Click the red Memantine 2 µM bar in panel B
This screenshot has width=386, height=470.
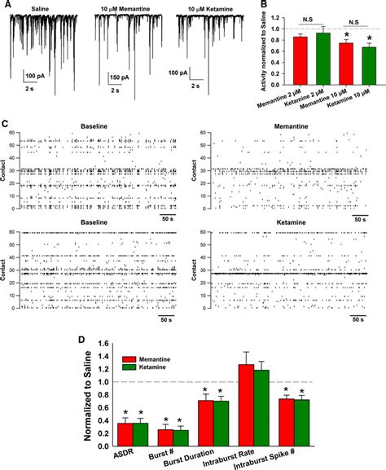[x=300, y=56]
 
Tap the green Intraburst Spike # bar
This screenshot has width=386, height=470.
[x=300, y=416]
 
